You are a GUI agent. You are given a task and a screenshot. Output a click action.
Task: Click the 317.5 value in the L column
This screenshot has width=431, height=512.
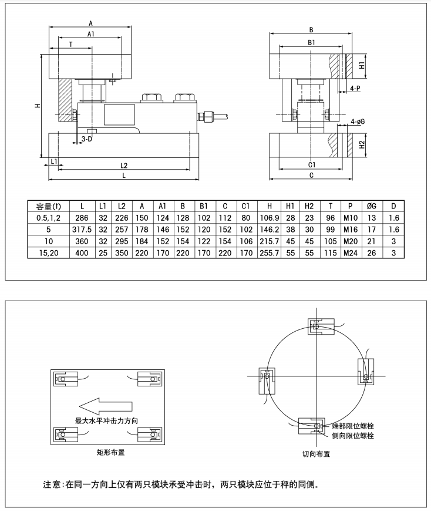pyautogui.click(x=82, y=229)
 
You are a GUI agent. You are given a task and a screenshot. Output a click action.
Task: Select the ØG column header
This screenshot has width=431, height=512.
pyautogui.click(x=371, y=206)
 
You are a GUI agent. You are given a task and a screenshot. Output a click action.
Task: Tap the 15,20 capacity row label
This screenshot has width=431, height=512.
pyautogui.click(x=48, y=252)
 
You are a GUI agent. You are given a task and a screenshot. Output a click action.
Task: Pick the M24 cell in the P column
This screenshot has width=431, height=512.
pyautogui.click(x=350, y=252)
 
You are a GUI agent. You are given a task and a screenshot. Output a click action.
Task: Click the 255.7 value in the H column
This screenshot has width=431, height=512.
pyautogui.click(x=270, y=252)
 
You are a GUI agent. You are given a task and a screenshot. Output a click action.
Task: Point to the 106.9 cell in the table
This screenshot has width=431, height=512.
pyautogui.click(x=270, y=218)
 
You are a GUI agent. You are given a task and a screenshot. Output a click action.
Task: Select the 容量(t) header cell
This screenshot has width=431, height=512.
pyautogui.click(x=48, y=206)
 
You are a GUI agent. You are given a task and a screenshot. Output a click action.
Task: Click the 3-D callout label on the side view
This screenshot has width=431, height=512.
pyautogui.click(x=86, y=139)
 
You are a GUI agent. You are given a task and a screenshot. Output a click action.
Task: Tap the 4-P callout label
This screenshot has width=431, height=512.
pyautogui.click(x=355, y=88)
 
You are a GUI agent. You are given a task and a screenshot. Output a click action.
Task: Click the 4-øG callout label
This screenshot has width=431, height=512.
pyautogui.click(x=358, y=122)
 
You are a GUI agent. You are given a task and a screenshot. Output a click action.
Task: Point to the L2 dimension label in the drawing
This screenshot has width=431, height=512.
pyautogui.click(x=124, y=166)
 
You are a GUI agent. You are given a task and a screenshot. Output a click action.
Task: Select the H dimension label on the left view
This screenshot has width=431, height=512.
pyautogui.click(x=37, y=106)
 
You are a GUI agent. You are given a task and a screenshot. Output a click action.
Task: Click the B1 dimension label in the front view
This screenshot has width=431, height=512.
pyautogui.click(x=311, y=43)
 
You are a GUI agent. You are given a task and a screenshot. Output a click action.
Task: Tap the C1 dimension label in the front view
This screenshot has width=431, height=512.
pyautogui.click(x=311, y=165)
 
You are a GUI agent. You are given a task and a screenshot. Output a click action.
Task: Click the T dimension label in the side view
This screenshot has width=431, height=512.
pyautogui.click(x=70, y=45)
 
